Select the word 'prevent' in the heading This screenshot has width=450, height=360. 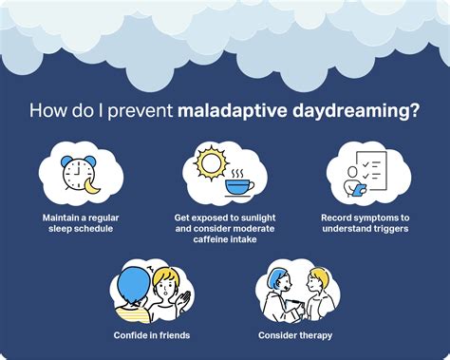140,112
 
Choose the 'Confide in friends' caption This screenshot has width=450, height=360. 151,334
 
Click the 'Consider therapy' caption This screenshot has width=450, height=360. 295,334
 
